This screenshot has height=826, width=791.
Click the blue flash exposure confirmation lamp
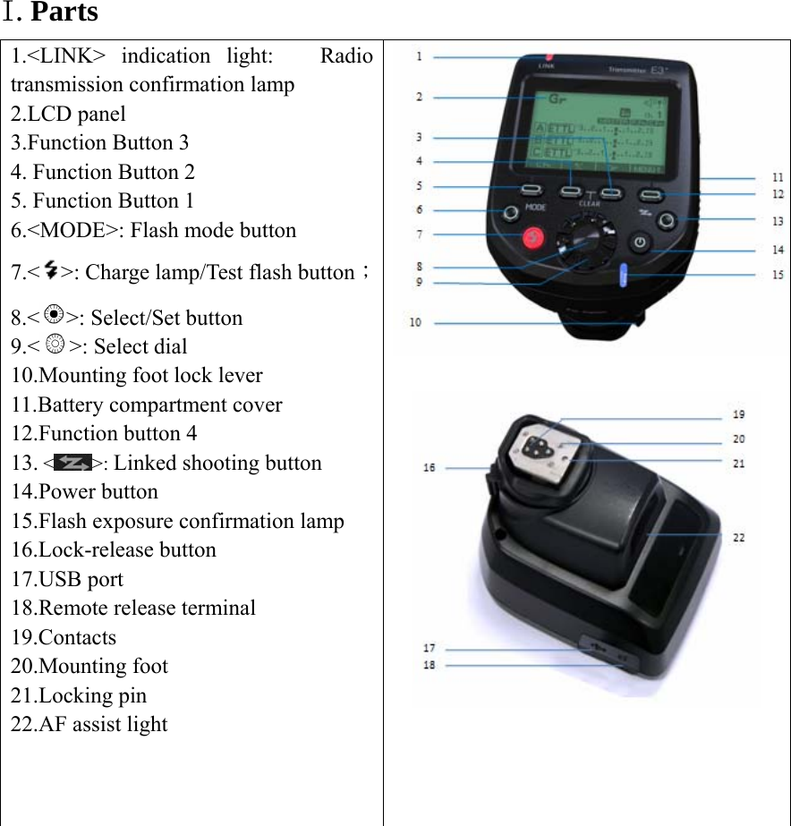click(625, 275)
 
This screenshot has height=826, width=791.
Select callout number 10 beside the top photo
click(416, 322)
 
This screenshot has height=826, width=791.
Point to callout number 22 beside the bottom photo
click(739, 538)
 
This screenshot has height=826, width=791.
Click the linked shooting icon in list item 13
click(72, 463)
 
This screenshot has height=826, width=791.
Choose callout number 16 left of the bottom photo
click(430, 467)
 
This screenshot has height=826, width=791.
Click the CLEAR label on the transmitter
click(591, 203)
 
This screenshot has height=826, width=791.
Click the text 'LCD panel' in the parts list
click(81, 114)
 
